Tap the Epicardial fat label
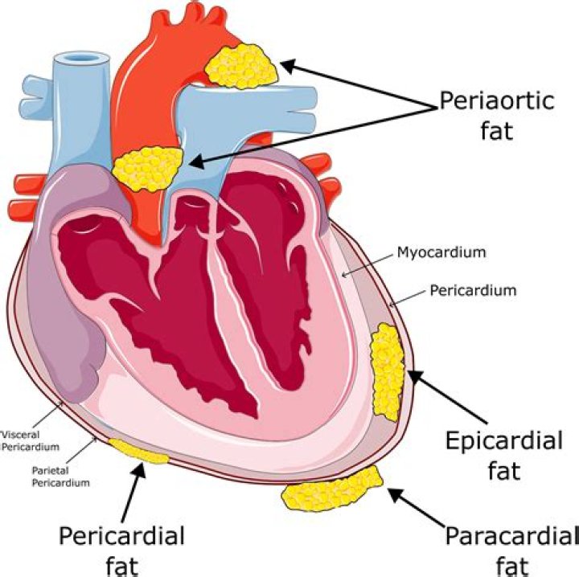pyautogui.click(x=504, y=455)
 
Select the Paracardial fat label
pyautogui.click(x=511, y=550)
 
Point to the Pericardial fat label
pyautogui.click(x=122, y=550)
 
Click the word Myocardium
pyautogui.click(x=441, y=252)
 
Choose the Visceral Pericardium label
pyautogui.click(x=30, y=440)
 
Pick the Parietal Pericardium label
pyautogui.click(x=60, y=477)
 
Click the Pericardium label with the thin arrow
pyautogui.click(x=473, y=290)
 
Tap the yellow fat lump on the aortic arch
pyautogui.click(x=241, y=67)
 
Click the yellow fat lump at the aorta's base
pyautogui.click(x=148, y=169)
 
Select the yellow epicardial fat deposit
pyautogui.click(x=388, y=372)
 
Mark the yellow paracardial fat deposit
pyautogui.click(x=331, y=489)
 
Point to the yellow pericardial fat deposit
pyautogui.click(x=138, y=451)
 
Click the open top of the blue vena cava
pyautogui.click(x=81, y=59)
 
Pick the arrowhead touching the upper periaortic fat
pyautogui.click(x=290, y=66)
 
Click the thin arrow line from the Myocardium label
pyautogui.click(x=367, y=264)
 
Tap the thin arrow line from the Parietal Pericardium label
pyautogui.click(x=80, y=451)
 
